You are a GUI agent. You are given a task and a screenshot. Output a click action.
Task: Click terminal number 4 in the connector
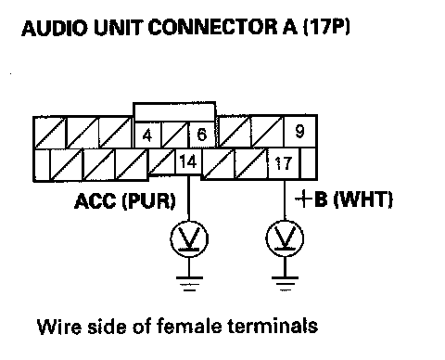[x=147, y=135]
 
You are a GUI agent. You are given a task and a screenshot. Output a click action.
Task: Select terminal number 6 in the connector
[x=201, y=135]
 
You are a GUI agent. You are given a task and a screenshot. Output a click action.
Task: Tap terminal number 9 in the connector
[x=300, y=131]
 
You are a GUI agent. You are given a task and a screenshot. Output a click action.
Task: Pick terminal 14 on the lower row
[x=188, y=161]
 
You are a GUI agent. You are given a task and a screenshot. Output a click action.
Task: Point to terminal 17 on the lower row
[x=283, y=163]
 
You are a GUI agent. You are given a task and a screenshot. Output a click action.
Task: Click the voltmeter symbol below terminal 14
[x=189, y=238]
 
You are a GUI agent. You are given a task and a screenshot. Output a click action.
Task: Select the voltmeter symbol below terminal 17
[x=285, y=238]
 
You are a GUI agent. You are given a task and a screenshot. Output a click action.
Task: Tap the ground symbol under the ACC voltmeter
[x=189, y=284]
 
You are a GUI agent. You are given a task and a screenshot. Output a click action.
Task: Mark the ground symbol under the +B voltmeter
[x=285, y=284]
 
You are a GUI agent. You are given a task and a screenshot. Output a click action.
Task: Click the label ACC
[x=96, y=201]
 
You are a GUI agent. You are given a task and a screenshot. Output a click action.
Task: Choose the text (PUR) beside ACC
[x=148, y=201]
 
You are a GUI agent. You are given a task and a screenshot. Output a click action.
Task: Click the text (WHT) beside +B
[x=363, y=199]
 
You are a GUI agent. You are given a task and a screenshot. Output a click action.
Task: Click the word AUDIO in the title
[x=55, y=28]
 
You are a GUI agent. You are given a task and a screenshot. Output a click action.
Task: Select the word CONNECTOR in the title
[x=213, y=27]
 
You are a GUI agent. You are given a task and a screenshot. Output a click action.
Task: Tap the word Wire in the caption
[x=59, y=327]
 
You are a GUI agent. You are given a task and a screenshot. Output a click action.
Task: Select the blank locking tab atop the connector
[x=174, y=111]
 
